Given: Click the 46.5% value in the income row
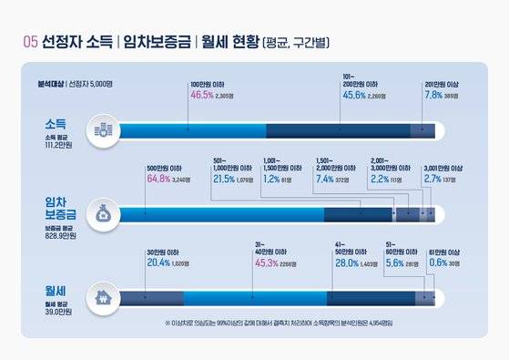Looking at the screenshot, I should [201, 94].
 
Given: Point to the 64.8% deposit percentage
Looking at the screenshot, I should [159, 179].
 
